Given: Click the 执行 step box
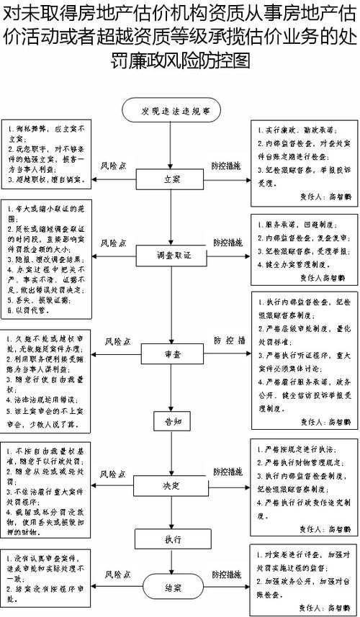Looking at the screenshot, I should tap(171, 539).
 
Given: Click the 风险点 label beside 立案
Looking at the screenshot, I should tap(113, 165).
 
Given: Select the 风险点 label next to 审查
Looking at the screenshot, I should tap(117, 339).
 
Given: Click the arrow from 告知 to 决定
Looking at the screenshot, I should tap(171, 450).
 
